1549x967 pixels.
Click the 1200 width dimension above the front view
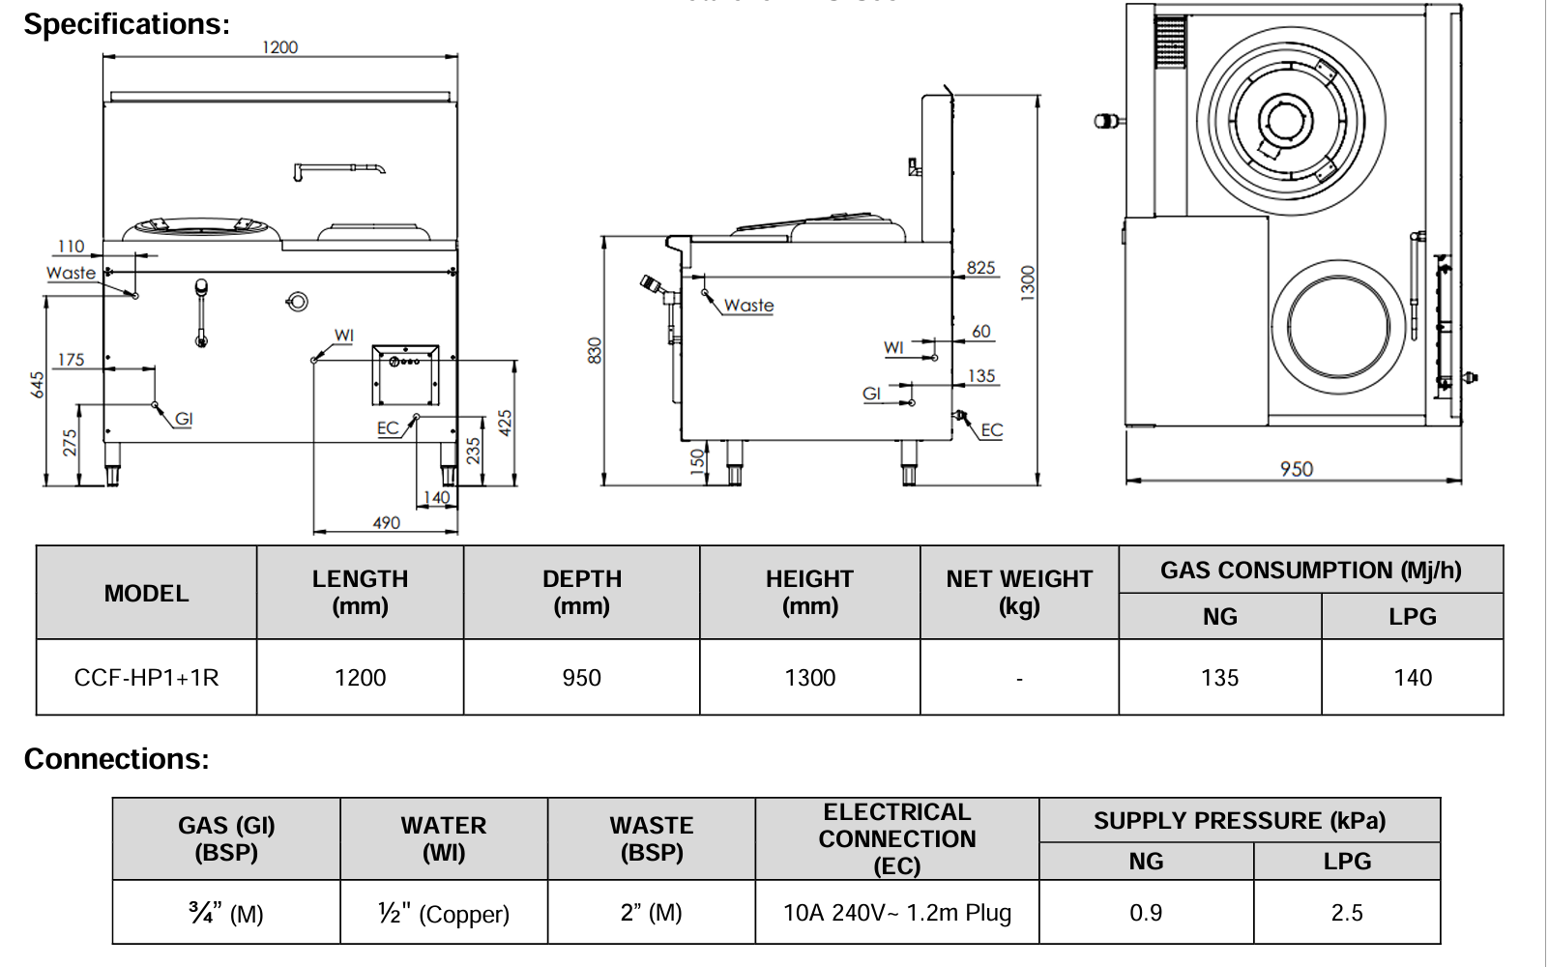click(280, 47)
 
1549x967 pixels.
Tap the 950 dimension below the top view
click(1296, 469)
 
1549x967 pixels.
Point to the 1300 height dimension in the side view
click(1028, 282)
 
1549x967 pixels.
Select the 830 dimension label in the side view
click(595, 350)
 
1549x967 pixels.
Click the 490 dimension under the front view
click(386, 522)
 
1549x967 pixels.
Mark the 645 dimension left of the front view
click(37, 385)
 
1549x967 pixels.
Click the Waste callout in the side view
click(748, 306)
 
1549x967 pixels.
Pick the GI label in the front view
click(184, 419)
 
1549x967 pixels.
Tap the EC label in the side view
click(992, 430)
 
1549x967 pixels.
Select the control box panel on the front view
click(405, 374)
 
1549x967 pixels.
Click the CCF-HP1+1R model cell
click(146, 678)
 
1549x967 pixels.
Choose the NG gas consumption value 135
click(1219, 678)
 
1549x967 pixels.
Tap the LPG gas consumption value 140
click(1413, 678)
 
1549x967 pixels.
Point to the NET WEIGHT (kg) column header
click(1019, 592)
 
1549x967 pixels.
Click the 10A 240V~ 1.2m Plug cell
click(896, 913)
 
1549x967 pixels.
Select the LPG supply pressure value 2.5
click(1346, 913)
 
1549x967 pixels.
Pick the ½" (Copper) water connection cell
click(444, 913)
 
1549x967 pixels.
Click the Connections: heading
click(116, 759)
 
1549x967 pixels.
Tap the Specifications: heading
click(127, 24)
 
